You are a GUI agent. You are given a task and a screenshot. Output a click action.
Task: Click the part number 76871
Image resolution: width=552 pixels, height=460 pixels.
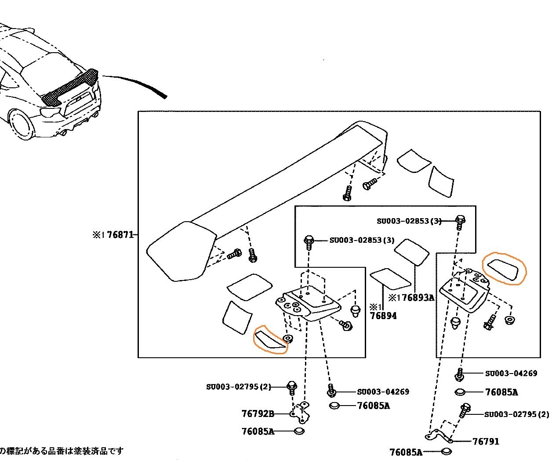click(120, 234)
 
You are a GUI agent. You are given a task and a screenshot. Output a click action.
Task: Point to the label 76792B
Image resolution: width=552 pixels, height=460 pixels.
click(258, 413)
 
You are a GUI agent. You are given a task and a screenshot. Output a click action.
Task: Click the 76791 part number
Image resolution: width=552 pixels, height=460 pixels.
click(486, 441)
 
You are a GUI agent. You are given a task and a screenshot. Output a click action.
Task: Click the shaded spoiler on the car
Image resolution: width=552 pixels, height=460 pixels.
click(70, 88)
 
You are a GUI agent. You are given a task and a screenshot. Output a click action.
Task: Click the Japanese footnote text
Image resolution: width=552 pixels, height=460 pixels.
click(62, 451)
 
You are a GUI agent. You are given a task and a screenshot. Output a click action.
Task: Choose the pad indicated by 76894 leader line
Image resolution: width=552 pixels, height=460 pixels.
click(391, 279)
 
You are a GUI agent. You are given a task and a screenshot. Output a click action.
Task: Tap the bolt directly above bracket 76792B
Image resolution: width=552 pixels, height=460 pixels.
click(291, 387)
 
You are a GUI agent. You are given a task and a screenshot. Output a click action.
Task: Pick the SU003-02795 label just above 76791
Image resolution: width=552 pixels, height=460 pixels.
click(516, 414)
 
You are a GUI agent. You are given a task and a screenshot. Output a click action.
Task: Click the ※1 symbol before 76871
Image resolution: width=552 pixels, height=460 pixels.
click(98, 235)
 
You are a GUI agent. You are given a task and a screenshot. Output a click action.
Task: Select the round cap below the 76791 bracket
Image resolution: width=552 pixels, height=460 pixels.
click(446, 452)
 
